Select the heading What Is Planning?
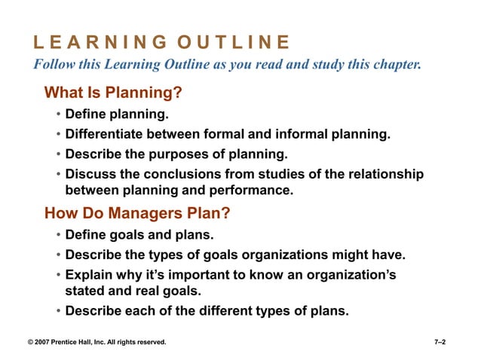[x=114, y=94]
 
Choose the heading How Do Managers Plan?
[x=137, y=213]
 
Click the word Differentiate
[x=106, y=136]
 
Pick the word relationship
[x=382, y=175]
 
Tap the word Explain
[x=90, y=274]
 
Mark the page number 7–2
[x=440, y=343]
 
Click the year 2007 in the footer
[x=45, y=343]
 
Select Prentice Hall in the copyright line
[x=79, y=343]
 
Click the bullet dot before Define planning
[x=59, y=116]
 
